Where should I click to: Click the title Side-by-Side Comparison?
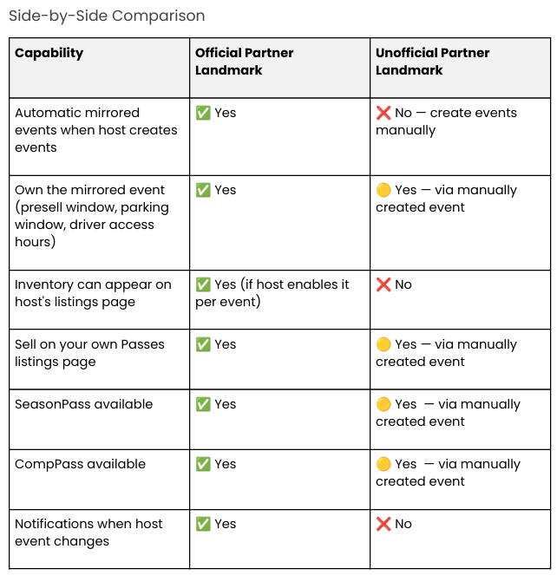(x=107, y=16)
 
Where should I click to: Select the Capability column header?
(x=49, y=53)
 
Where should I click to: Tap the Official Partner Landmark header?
(x=245, y=62)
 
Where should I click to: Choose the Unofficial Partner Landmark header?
(x=433, y=62)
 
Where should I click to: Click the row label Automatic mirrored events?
(x=96, y=130)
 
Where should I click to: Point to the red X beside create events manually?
(x=383, y=113)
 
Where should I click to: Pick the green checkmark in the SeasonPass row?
(x=203, y=404)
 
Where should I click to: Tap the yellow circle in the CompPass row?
(x=383, y=464)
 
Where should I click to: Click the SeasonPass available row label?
(x=83, y=404)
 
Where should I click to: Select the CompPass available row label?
(x=81, y=464)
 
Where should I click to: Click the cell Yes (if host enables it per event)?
(x=272, y=293)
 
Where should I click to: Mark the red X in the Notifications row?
(x=383, y=524)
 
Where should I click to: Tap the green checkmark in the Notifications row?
(x=203, y=524)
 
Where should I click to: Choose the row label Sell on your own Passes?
(x=89, y=353)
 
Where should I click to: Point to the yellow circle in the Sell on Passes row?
(x=383, y=344)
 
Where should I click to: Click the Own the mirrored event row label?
(x=92, y=216)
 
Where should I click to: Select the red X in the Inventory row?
(x=383, y=284)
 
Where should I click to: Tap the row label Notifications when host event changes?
(x=88, y=533)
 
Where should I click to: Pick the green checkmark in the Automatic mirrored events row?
(x=203, y=113)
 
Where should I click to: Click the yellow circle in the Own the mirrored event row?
(x=383, y=190)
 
